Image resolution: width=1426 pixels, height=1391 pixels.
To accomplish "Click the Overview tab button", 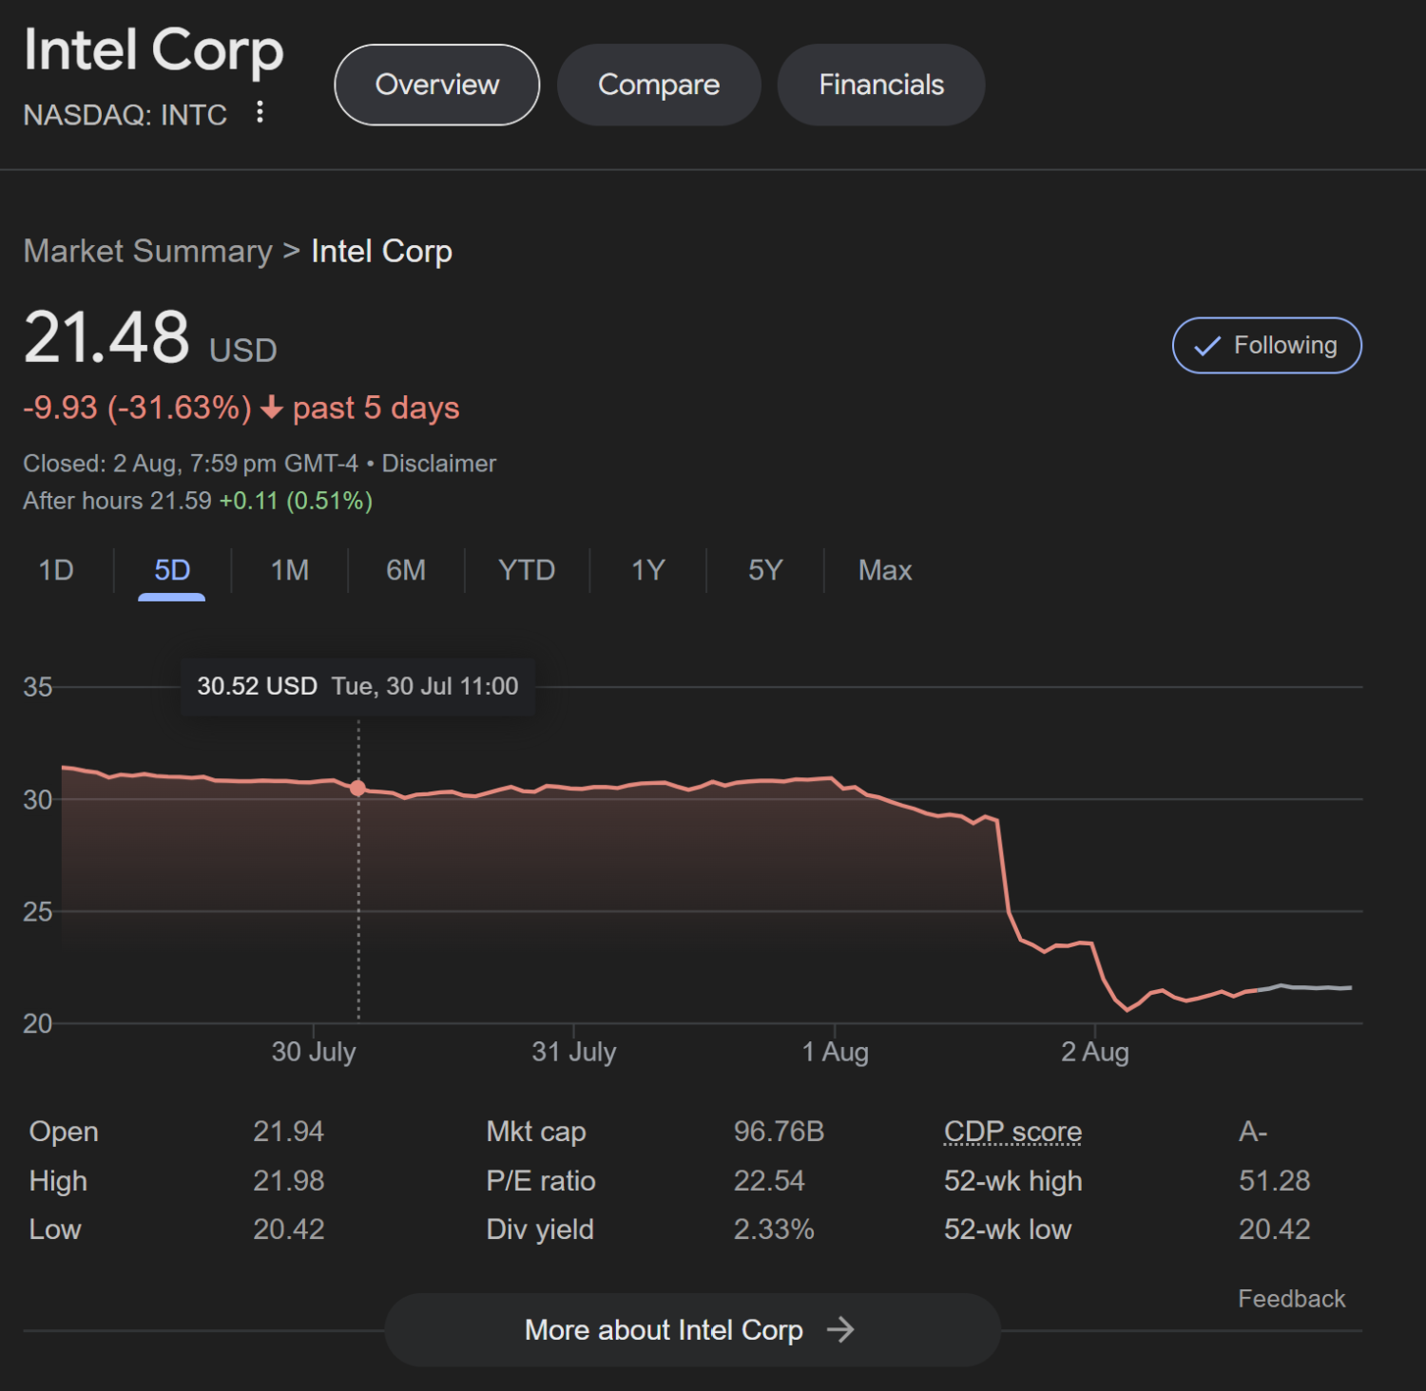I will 437,85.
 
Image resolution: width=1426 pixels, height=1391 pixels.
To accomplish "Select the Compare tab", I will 659,85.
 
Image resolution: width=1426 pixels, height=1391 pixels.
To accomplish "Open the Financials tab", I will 881,85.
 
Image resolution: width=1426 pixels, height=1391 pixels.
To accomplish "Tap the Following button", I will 1266,346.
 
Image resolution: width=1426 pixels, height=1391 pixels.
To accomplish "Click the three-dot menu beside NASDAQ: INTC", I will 260,113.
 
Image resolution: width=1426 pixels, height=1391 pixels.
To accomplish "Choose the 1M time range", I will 290,570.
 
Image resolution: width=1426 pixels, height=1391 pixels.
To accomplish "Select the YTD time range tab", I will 527,570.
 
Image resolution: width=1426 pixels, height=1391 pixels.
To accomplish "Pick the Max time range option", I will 885,570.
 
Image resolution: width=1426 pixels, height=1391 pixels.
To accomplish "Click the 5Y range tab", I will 765,570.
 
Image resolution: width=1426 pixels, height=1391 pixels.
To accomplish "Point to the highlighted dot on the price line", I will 357,788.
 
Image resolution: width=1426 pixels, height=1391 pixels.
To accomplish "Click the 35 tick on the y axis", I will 38,687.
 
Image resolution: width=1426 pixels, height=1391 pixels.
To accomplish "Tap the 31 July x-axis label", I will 574,1052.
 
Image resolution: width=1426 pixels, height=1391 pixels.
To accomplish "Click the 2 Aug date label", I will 1095,1052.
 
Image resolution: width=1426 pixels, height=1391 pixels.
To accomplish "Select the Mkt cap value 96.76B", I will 779,1132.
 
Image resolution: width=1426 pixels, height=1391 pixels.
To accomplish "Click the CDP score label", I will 1012,1132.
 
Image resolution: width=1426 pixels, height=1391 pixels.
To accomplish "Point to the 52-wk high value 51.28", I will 1274,1181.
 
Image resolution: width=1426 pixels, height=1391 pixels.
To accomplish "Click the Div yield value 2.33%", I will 774,1229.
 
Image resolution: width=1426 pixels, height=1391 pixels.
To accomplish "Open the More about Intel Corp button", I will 692,1329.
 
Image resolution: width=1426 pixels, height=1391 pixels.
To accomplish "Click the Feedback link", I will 1291,1299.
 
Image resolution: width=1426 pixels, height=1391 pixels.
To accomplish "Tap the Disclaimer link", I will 439,464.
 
